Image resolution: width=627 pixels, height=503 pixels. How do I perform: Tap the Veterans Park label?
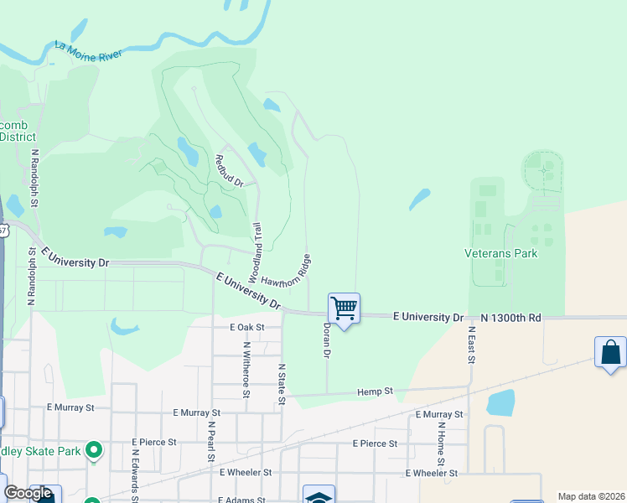tap(500, 253)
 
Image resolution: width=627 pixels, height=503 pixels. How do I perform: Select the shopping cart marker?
tap(344, 309)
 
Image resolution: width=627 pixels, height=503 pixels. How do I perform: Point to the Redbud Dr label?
tap(228, 171)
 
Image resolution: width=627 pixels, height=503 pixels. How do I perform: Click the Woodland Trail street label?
tap(254, 251)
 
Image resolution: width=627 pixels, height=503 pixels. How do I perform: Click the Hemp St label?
tap(375, 392)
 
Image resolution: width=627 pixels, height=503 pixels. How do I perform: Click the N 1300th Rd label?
tap(511, 318)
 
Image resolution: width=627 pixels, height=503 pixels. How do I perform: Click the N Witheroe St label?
tap(246, 369)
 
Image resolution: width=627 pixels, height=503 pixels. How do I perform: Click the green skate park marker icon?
tap(94, 451)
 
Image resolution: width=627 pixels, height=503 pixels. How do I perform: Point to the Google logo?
tap(28, 493)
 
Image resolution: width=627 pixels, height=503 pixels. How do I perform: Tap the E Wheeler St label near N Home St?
tap(431, 473)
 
